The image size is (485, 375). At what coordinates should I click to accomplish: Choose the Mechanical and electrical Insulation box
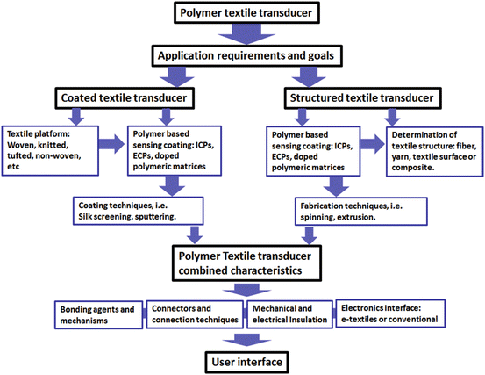(290, 315)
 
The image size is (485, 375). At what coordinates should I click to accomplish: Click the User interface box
(241, 361)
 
